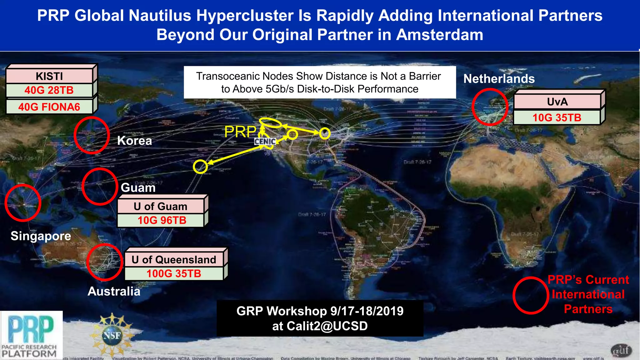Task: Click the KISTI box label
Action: pyautogui.click(x=49, y=76)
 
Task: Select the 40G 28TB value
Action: pyautogui.click(x=49, y=90)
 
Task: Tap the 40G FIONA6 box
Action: pyautogui.click(x=49, y=107)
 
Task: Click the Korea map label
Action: pyautogui.click(x=134, y=141)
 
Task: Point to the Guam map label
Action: pyautogui.click(x=138, y=187)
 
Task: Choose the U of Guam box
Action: pyautogui.click(x=160, y=207)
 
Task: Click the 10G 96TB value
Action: pyautogui.click(x=162, y=220)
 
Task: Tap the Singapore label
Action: pyautogui.click(x=41, y=236)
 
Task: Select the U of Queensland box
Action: pyautogui.click(x=174, y=260)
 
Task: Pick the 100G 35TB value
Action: pyautogui.click(x=174, y=274)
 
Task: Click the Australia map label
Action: pyautogui.click(x=114, y=291)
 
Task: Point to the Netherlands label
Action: pyautogui.click(x=499, y=79)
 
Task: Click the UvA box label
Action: pyautogui.click(x=557, y=102)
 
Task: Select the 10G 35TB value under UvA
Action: pyautogui.click(x=557, y=118)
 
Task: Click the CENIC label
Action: pyautogui.click(x=265, y=142)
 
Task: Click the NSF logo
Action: pyautogui.click(x=112, y=335)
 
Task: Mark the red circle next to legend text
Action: pyautogui.click(x=531, y=295)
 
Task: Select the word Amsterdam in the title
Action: pyautogui.click(x=440, y=35)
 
